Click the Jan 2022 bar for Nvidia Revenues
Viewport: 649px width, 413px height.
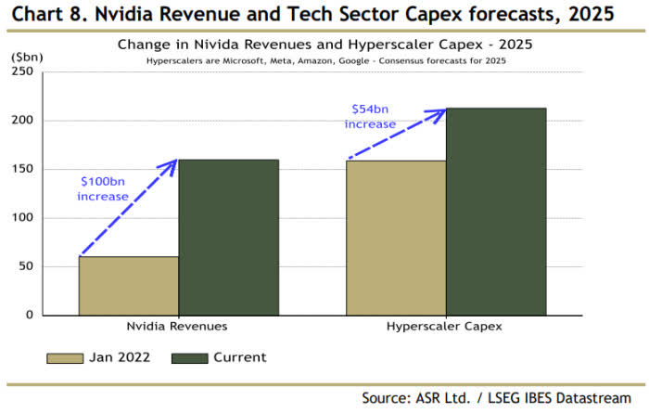[x=128, y=286]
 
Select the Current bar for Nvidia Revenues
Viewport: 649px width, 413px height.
[x=228, y=238]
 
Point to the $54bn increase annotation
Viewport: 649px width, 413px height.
[x=373, y=117]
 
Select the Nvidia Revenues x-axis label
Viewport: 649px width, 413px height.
[x=177, y=328]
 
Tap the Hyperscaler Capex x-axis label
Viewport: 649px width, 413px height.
[x=445, y=328]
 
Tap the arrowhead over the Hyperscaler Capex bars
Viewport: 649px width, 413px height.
[x=439, y=112]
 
